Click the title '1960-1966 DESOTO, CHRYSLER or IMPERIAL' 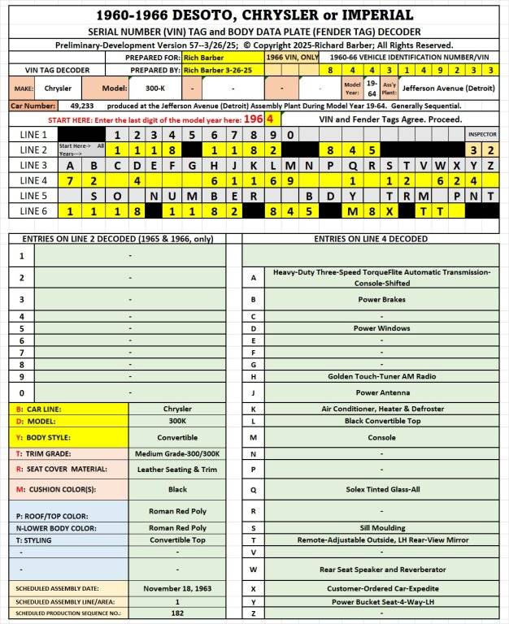tap(254, 15)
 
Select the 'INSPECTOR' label tap(481, 134)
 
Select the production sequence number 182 tap(177, 613)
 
